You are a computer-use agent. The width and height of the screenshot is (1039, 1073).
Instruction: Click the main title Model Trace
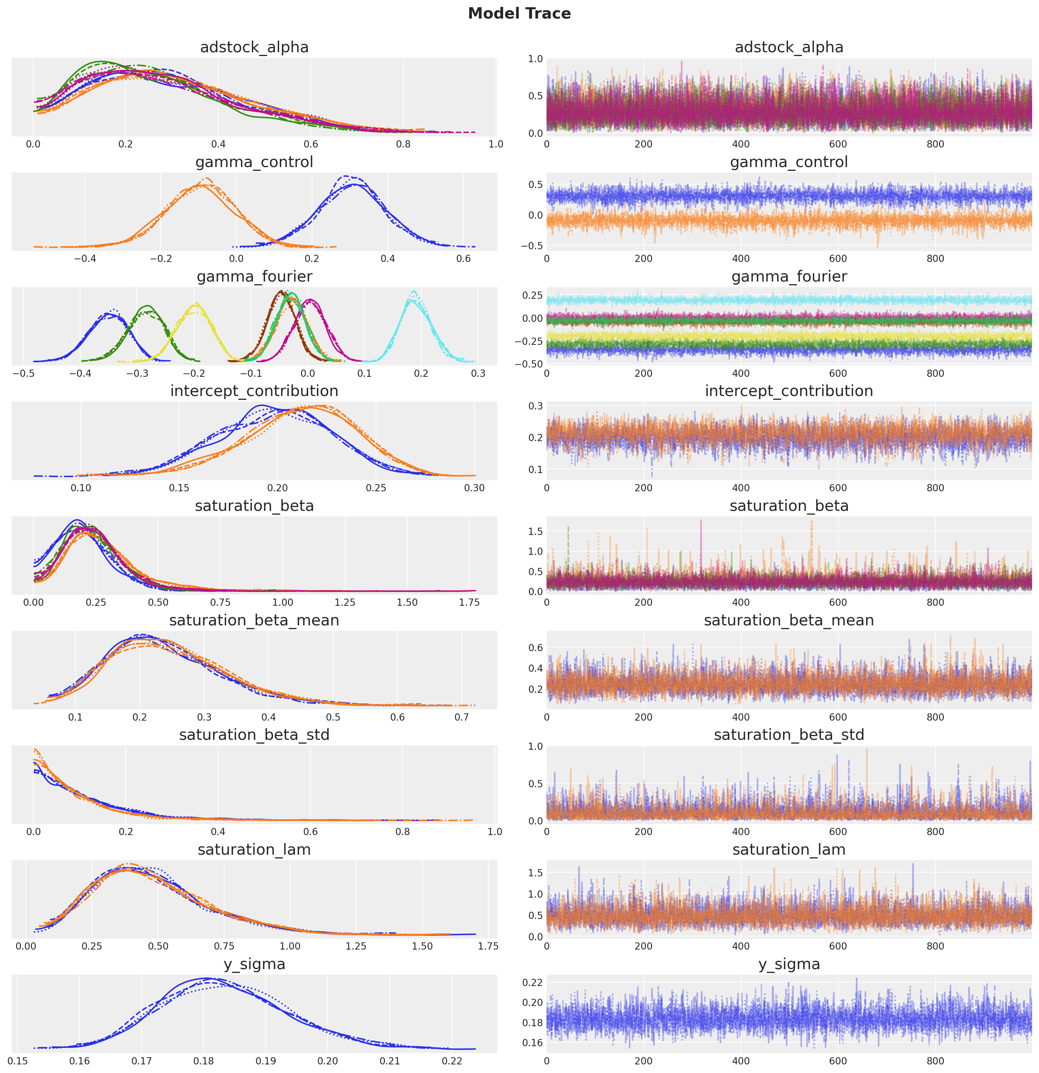(x=519, y=14)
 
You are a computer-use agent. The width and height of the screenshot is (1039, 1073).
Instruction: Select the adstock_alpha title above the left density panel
(x=254, y=48)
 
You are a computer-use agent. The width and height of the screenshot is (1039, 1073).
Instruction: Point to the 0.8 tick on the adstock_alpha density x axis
(x=404, y=144)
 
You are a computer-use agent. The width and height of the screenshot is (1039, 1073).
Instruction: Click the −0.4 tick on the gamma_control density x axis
(x=85, y=259)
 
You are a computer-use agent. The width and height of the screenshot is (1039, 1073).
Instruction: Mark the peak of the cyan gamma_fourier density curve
(x=414, y=292)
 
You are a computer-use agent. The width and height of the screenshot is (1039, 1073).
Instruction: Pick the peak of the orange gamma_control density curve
(x=206, y=179)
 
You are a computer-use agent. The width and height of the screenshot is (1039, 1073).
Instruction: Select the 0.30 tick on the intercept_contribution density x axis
(x=474, y=488)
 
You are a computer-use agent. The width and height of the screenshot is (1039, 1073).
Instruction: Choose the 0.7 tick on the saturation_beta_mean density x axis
(x=462, y=717)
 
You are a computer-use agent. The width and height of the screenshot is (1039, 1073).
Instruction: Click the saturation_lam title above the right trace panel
(x=788, y=850)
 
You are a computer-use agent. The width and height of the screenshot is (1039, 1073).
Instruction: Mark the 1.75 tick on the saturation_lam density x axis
(x=488, y=946)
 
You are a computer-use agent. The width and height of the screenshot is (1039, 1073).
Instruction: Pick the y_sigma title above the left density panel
(x=254, y=964)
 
